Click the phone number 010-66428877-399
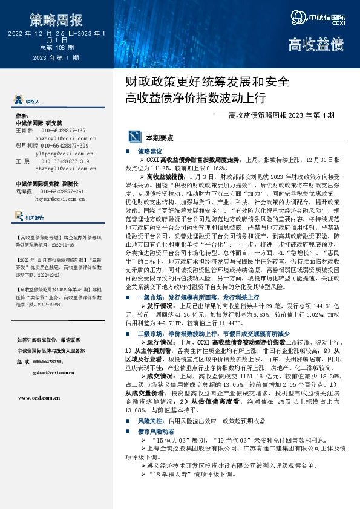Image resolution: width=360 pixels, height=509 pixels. (x=65, y=146)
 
